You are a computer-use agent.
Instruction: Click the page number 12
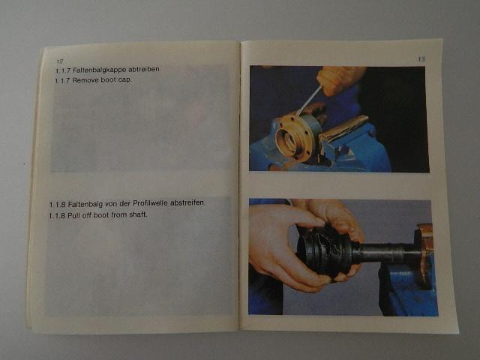[60, 61]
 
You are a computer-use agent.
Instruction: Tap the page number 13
[421, 58]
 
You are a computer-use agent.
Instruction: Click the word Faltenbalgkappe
[100, 70]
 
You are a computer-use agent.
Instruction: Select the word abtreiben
[145, 69]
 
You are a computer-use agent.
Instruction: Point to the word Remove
[85, 80]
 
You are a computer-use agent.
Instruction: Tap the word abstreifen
[187, 202]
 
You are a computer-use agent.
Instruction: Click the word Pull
[73, 215]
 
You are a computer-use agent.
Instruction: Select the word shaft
[138, 214]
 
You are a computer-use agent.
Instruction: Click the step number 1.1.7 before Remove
[62, 81]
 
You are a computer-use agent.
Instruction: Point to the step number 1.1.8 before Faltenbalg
[58, 204]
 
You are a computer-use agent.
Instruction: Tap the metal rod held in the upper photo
[308, 100]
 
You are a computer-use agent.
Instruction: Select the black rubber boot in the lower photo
[325, 251]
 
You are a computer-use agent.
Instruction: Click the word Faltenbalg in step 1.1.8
[85, 204]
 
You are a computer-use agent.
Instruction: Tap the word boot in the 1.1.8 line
[101, 215]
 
